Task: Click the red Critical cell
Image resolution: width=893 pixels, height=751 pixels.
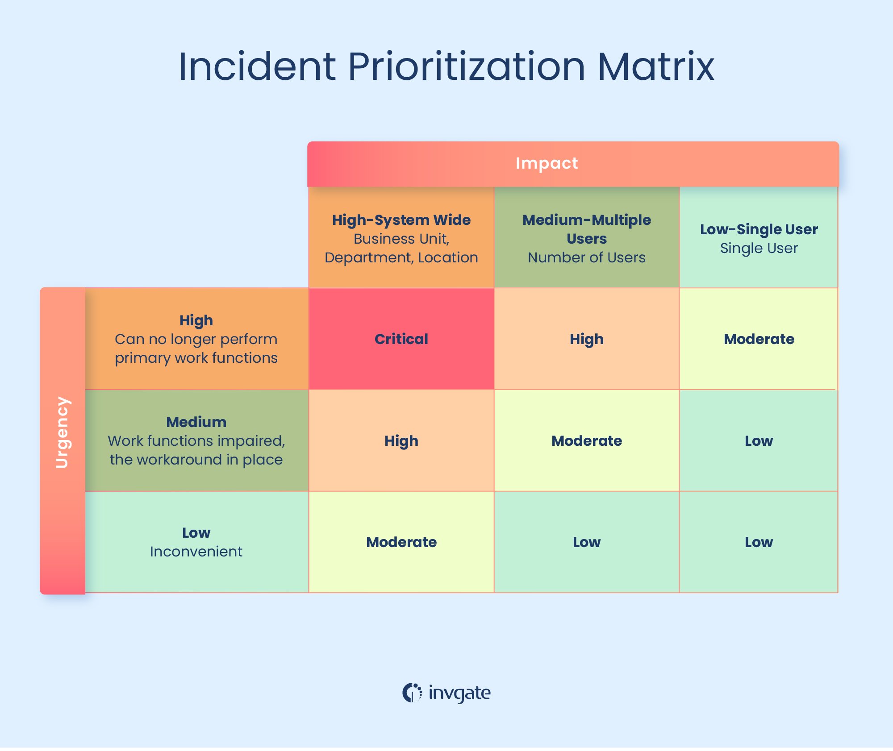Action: pyautogui.click(x=401, y=339)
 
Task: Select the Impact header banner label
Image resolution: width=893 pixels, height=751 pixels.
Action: pyautogui.click(x=547, y=163)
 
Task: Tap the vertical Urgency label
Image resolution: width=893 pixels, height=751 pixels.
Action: pyautogui.click(x=62, y=432)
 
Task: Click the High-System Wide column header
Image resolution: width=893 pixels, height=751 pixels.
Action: pyautogui.click(x=401, y=238)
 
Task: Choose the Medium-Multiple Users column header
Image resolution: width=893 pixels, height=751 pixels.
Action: pyautogui.click(x=586, y=238)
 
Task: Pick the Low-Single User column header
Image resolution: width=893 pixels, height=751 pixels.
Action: pyautogui.click(x=759, y=238)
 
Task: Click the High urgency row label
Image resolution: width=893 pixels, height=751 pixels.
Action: pyautogui.click(x=196, y=339)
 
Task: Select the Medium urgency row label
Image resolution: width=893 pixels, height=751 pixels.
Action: pyautogui.click(x=196, y=440)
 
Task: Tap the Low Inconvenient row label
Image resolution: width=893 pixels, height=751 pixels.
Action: pyautogui.click(x=196, y=542)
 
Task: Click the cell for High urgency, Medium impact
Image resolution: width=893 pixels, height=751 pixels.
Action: pyautogui.click(x=586, y=339)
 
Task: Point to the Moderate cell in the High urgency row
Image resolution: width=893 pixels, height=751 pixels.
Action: pyautogui.click(x=759, y=339)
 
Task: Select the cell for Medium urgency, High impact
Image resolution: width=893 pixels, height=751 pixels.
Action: pyautogui.click(x=401, y=441)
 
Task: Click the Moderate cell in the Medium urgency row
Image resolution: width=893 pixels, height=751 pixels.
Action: pyautogui.click(x=586, y=441)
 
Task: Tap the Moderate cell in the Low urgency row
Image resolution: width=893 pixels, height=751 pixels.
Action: pyautogui.click(x=401, y=542)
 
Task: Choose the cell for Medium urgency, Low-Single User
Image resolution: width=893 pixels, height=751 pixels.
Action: pyautogui.click(x=759, y=441)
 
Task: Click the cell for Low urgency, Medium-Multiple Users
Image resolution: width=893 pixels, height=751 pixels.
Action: pyautogui.click(x=586, y=542)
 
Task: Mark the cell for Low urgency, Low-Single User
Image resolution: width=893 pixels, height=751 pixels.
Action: pyautogui.click(x=759, y=542)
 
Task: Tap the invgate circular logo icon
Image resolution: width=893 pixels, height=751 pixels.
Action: pyautogui.click(x=412, y=693)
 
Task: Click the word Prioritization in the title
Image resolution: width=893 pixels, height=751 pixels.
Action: pyautogui.click(x=466, y=67)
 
